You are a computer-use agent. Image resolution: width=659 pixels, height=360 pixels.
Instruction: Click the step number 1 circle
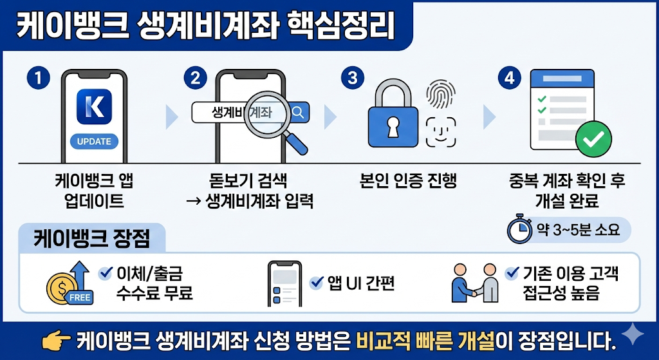(x=39, y=79)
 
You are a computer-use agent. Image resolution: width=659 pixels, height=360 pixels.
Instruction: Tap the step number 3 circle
(x=352, y=79)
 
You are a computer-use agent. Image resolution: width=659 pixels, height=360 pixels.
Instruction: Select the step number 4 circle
(x=510, y=79)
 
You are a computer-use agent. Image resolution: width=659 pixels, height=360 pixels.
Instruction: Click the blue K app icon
(x=94, y=106)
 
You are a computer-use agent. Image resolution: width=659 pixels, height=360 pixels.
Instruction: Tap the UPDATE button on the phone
(x=94, y=142)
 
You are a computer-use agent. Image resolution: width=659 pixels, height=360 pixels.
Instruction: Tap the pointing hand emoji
(x=55, y=339)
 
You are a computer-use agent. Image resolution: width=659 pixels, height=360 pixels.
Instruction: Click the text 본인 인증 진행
(x=408, y=180)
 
